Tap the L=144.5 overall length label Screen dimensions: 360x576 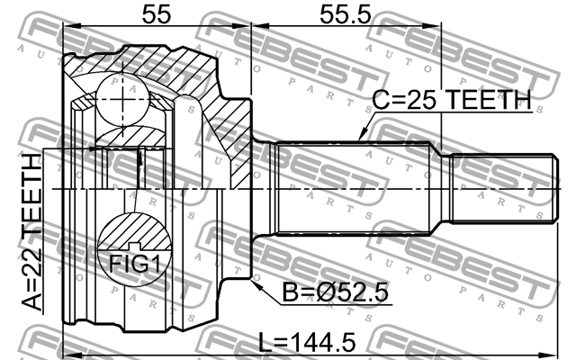click(x=306, y=342)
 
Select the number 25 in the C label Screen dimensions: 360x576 click(x=420, y=101)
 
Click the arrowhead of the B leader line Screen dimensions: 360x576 click(x=256, y=285)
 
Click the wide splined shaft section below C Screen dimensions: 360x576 click(x=360, y=189)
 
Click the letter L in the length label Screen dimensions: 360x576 click(x=263, y=342)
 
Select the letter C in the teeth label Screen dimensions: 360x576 click(x=381, y=101)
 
